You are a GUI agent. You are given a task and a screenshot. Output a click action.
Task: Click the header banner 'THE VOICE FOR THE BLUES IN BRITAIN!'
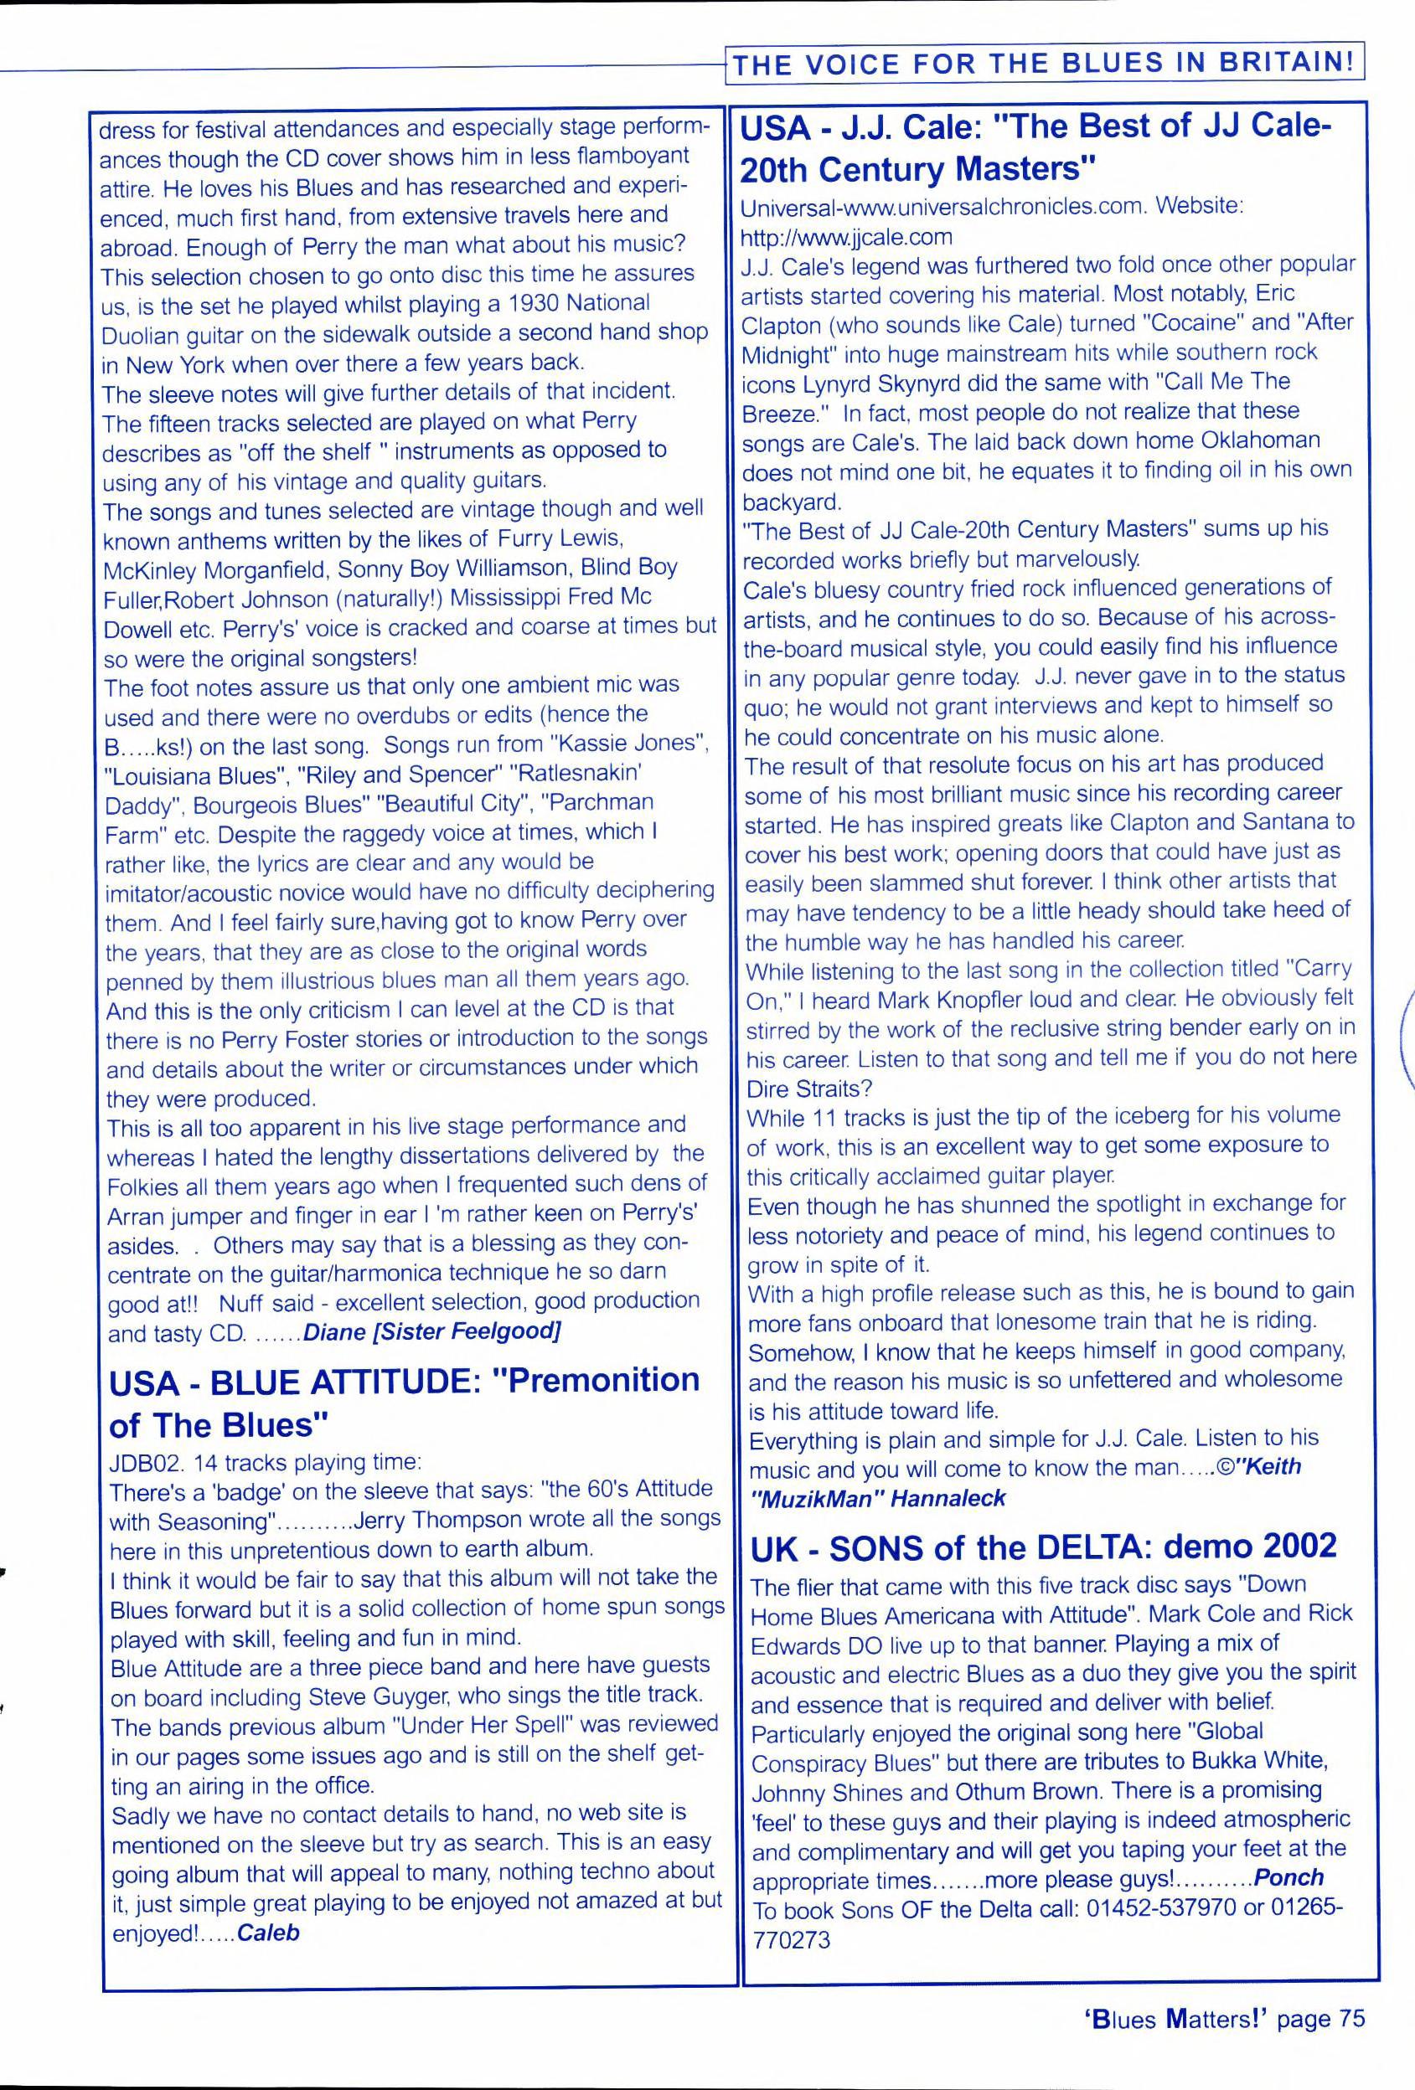coord(1045,63)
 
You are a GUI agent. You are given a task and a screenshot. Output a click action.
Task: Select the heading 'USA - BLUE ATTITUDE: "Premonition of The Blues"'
coord(404,1403)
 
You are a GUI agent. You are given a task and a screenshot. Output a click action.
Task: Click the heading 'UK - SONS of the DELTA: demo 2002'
coord(1044,1546)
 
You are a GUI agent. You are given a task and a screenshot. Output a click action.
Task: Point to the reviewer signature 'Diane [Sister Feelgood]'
coord(431,1332)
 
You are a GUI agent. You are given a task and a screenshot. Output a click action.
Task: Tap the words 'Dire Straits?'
coord(808,1089)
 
